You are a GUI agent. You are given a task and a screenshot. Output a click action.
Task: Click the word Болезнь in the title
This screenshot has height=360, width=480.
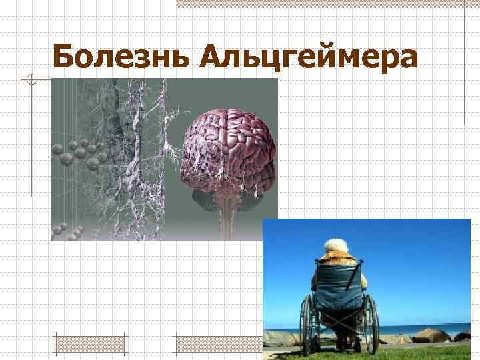pos(121,57)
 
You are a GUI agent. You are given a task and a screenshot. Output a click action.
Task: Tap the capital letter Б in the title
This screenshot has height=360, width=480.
pos(65,57)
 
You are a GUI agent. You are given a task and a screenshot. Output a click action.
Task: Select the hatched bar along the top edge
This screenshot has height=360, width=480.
pos(327,3)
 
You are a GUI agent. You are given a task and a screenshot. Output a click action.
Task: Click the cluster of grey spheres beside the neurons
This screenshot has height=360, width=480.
pos(80,150)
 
